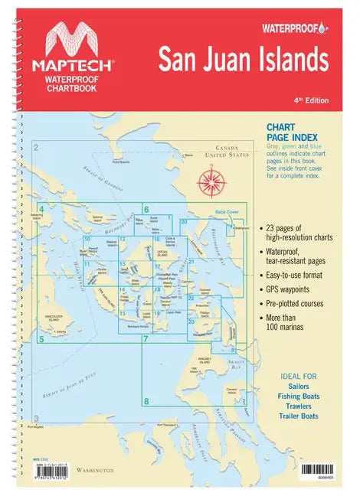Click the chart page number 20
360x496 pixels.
tap(185, 222)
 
